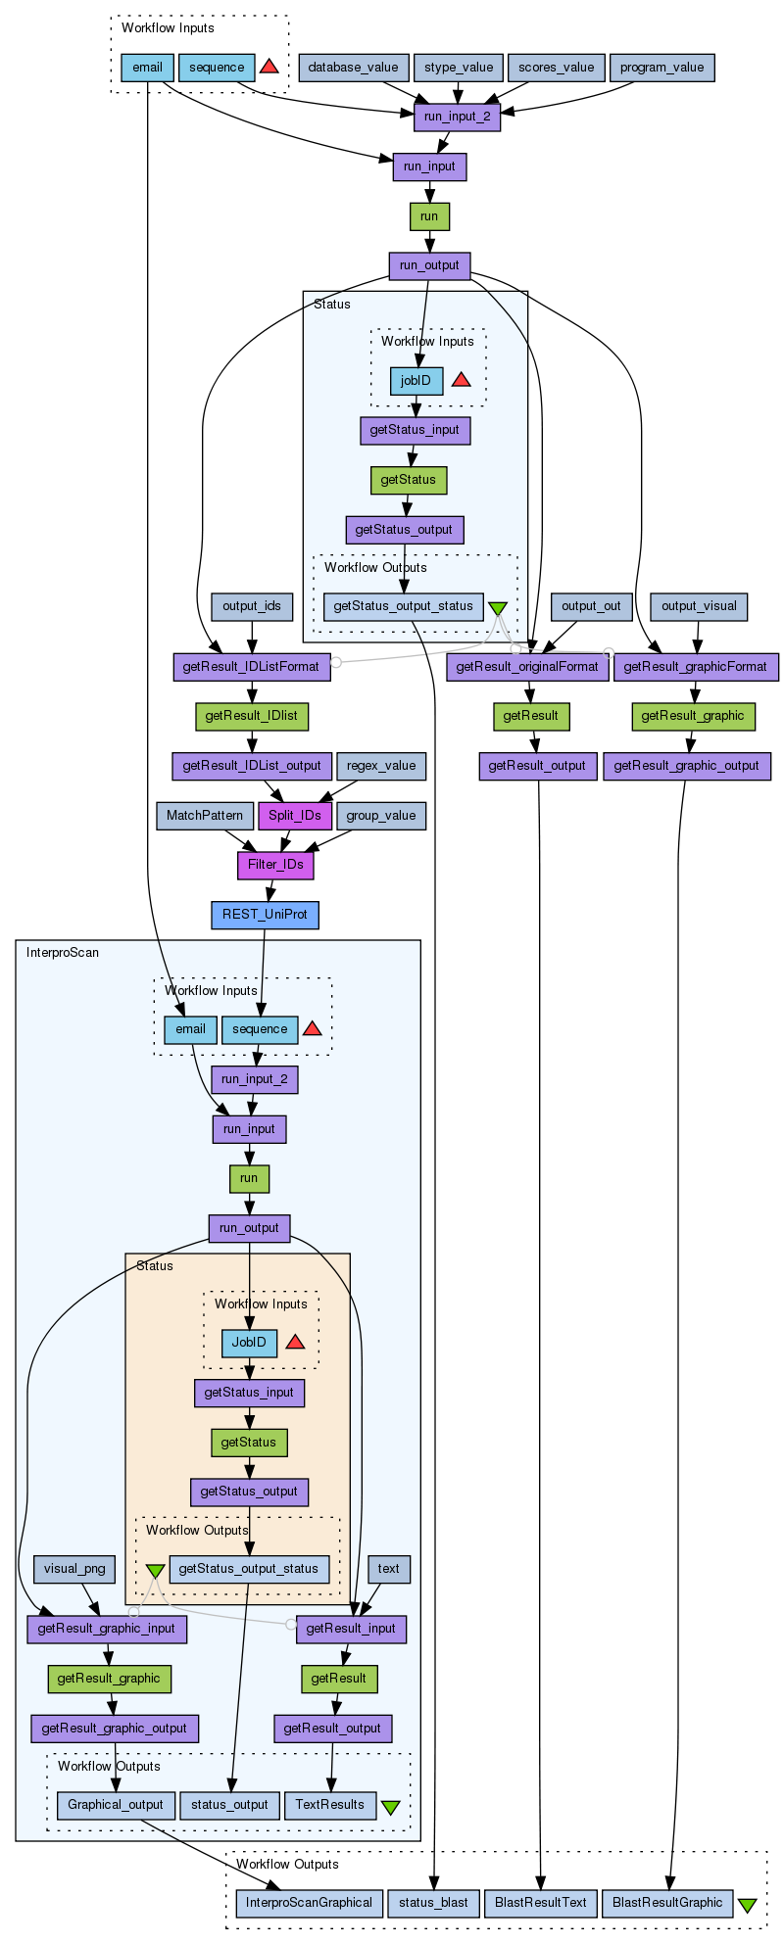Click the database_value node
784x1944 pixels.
353,68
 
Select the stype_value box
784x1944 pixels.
458,68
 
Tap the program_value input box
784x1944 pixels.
662,68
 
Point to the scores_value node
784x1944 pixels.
556,68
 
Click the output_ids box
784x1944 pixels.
252,606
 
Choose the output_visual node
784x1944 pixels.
699,606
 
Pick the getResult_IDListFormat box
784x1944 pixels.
252,667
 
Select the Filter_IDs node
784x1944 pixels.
275,866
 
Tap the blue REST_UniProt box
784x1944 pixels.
265,916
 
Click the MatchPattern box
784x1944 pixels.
205,816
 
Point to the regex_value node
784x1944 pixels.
381,766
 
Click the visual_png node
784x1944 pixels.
74,1569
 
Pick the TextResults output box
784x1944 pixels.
329,1805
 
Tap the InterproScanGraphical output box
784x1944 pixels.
309,1903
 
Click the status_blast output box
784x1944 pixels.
434,1903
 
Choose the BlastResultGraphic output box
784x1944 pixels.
667,1903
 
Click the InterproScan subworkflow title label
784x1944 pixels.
63,952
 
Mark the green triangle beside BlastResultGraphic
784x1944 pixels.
747,1905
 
